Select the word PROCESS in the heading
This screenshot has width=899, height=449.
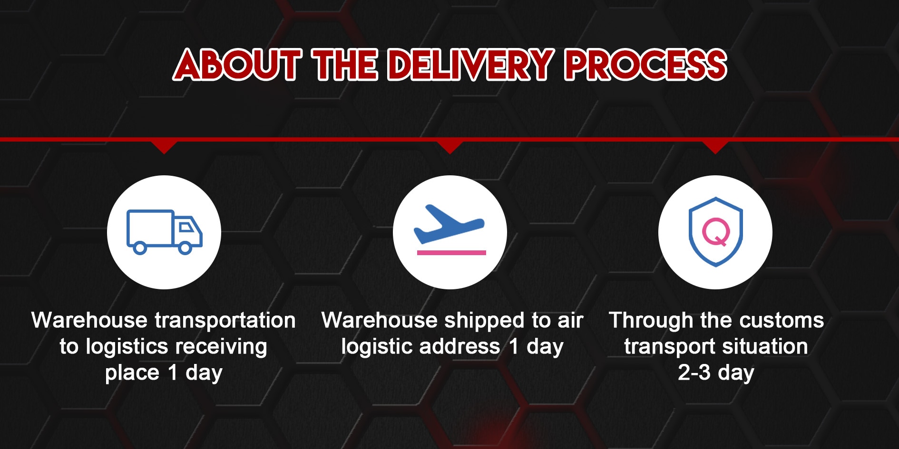click(x=646, y=64)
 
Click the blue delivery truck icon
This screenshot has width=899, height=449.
click(x=165, y=232)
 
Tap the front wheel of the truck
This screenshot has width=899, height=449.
click(x=185, y=248)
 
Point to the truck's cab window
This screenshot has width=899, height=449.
click(x=186, y=227)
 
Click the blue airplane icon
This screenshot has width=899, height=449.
click(x=449, y=224)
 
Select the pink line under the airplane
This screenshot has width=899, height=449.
click(x=451, y=253)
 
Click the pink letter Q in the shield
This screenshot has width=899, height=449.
click(x=716, y=232)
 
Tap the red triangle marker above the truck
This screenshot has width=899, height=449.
click(x=164, y=147)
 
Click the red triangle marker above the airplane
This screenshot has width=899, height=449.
click(x=450, y=147)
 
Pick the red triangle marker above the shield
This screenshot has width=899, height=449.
click(x=715, y=147)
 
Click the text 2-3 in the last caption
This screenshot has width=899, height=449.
click(x=694, y=373)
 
